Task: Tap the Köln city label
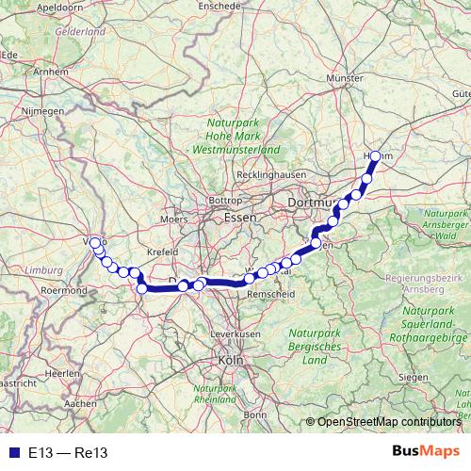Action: [x=230, y=360]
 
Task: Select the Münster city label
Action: [x=343, y=78]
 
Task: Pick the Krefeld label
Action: [x=162, y=252]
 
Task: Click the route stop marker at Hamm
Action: [x=376, y=157]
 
